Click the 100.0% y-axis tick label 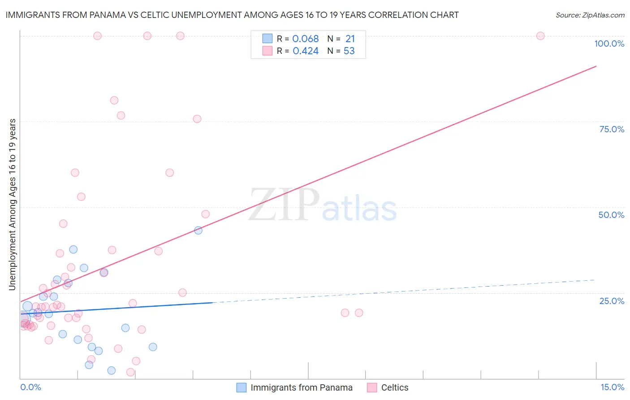pyautogui.click(x=609, y=43)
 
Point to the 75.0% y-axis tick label pyautogui.click(x=612, y=129)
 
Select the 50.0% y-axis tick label pyautogui.click(x=611, y=215)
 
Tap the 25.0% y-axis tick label pyautogui.click(x=612, y=301)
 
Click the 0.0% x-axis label pyautogui.click(x=30, y=387)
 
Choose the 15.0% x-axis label pyautogui.click(x=612, y=387)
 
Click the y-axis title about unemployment pyautogui.click(x=13, y=204)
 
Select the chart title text pyautogui.click(x=232, y=15)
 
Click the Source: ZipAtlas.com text pyautogui.click(x=590, y=15)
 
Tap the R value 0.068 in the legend pyautogui.click(x=306, y=39)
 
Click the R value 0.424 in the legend pyautogui.click(x=306, y=51)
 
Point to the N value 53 pyautogui.click(x=349, y=51)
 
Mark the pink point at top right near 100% pyautogui.click(x=540, y=36)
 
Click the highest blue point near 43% pyautogui.click(x=198, y=230)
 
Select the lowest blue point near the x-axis pyautogui.click(x=112, y=370)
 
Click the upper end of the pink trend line pyautogui.click(x=596, y=66)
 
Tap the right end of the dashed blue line pyautogui.click(x=595, y=280)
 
